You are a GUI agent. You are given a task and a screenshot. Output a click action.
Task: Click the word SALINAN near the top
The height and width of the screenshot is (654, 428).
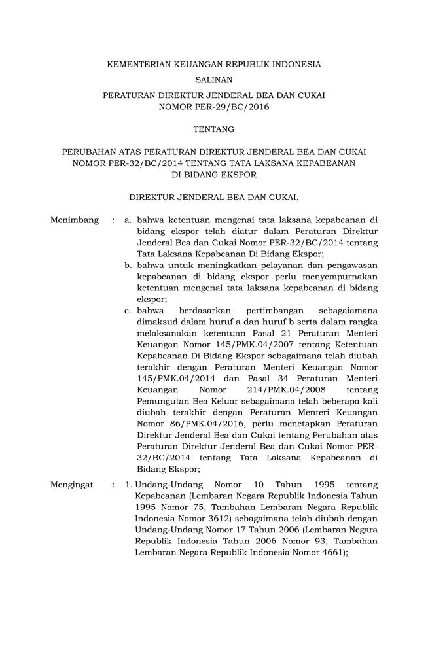pyautogui.click(x=214, y=80)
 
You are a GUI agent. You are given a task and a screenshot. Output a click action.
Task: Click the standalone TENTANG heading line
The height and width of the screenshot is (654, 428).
pyautogui.click(x=214, y=130)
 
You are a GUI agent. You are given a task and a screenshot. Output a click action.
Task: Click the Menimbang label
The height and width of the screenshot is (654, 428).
pyautogui.click(x=74, y=220)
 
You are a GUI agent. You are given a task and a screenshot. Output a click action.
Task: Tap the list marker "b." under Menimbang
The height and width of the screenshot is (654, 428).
pyautogui.click(x=129, y=265)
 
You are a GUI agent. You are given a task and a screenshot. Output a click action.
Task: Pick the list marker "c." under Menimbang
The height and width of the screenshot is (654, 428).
pyautogui.click(x=129, y=310)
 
